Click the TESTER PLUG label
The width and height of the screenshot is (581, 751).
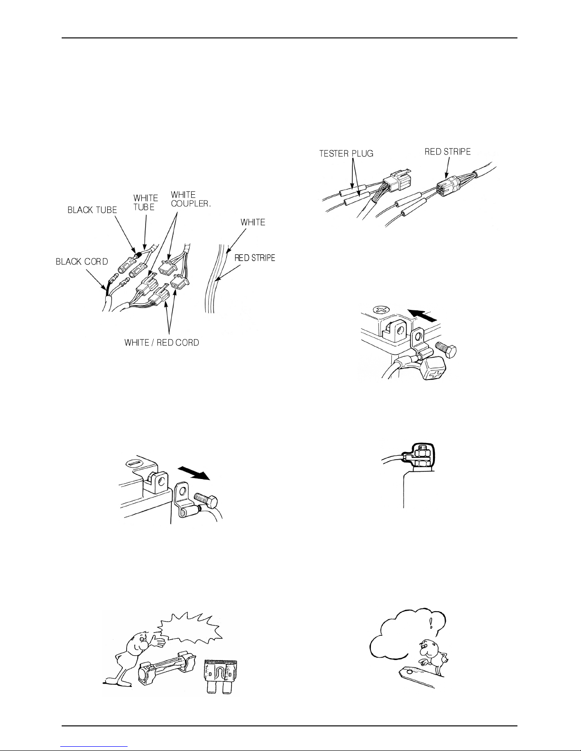(346, 154)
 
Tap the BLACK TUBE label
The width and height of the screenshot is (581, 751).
(92, 210)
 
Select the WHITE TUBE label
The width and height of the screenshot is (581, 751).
(146, 202)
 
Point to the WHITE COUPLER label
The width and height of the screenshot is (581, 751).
(191, 199)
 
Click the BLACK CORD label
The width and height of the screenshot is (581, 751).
(82, 262)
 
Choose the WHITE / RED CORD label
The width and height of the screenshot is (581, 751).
(162, 343)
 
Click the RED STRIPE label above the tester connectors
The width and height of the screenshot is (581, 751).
(448, 152)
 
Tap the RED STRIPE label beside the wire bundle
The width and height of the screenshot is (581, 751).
(255, 258)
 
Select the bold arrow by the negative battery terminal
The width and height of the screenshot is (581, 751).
(194, 472)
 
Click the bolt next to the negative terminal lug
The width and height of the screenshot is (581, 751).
(205, 499)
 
